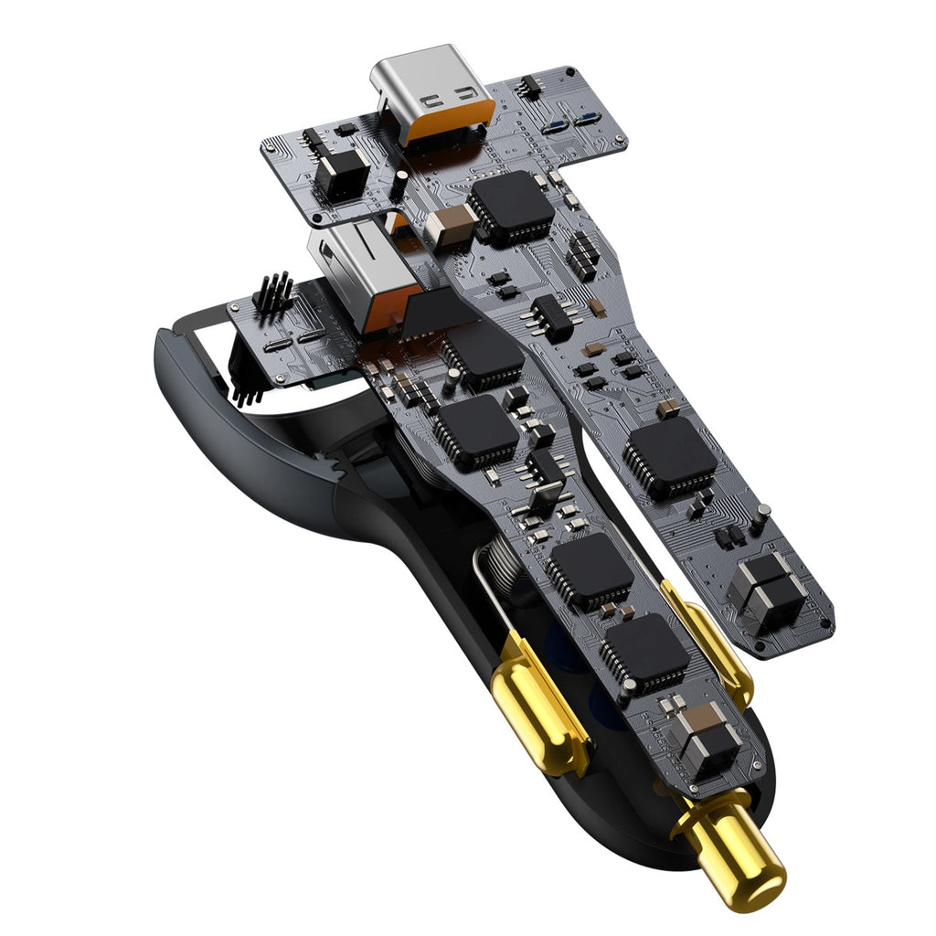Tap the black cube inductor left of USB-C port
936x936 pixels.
pyautogui.click(x=341, y=174)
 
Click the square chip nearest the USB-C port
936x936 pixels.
pyautogui.click(x=509, y=207)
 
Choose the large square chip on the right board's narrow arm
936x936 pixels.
pyautogui.click(x=669, y=458)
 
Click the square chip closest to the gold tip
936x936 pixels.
pyautogui.click(x=643, y=654)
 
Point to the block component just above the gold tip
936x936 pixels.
pyautogui.click(x=704, y=740)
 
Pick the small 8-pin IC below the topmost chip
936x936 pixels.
pyautogui.click(x=553, y=316)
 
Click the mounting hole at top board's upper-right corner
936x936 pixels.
pyautogui.click(x=570, y=71)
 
